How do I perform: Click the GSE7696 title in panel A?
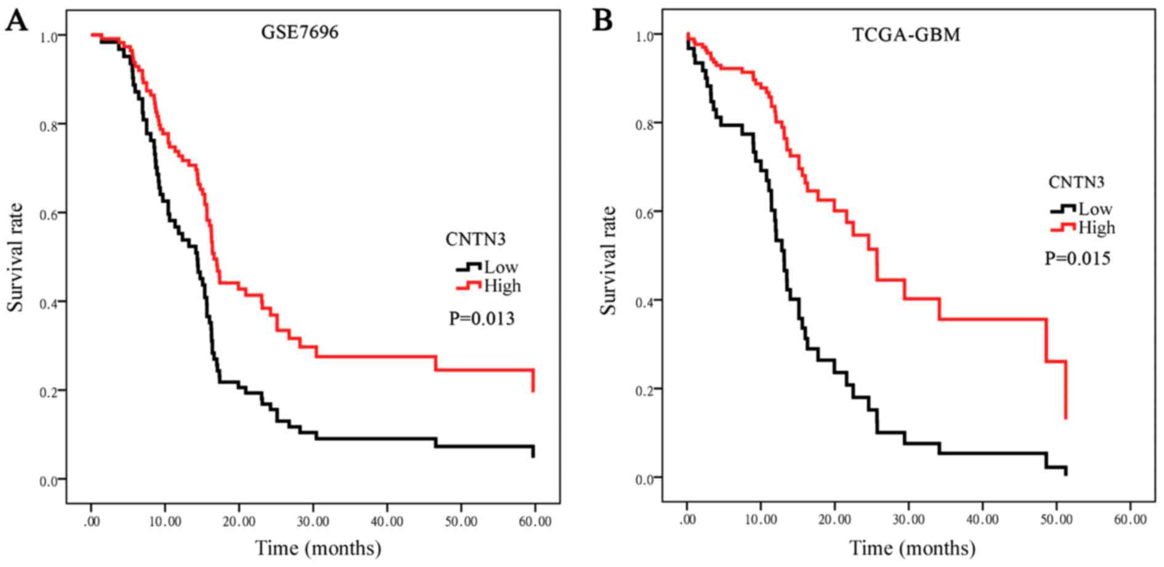click(x=300, y=32)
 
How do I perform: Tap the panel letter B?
click(x=602, y=21)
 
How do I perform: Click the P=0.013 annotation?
click(x=482, y=318)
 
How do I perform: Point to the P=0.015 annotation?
click(x=1078, y=258)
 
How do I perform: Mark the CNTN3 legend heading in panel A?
click(x=475, y=239)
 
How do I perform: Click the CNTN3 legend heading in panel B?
click(x=1077, y=182)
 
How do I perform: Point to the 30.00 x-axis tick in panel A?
click(x=313, y=521)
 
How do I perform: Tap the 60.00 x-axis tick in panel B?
click(x=1130, y=520)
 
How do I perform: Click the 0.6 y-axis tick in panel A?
click(x=49, y=214)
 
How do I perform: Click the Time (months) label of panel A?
click(x=318, y=547)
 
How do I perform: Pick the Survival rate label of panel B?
click(x=608, y=260)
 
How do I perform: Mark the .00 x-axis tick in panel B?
click(x=687, y=520)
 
